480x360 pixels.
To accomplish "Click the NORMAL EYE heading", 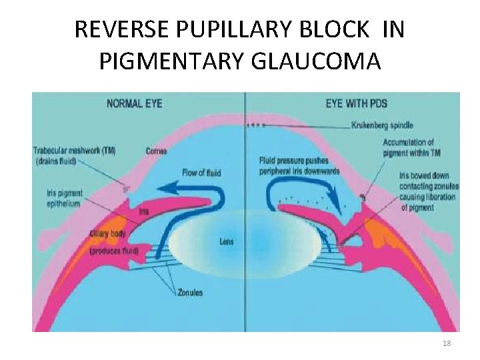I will (x=134, y=104).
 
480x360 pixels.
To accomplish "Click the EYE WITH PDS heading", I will (x=356, y=104).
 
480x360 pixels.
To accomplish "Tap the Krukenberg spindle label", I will (x=382, y=125).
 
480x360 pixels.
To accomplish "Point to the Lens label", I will (x=226, y=241).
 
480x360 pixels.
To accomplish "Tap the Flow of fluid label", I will (x=201, y=173).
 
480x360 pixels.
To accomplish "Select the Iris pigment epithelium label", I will (x=65, y=198).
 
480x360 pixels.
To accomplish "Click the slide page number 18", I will (x=447, y=343).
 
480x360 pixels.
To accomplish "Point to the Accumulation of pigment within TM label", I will (x=408, y=147).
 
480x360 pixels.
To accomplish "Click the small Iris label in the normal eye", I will (x=143, y=211).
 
